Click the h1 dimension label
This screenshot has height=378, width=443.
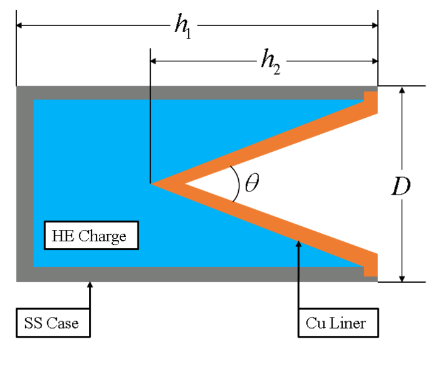pyautogui.click(x=183, y=27)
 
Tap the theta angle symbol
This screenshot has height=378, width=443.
pyautogui.click(x=251, y=184)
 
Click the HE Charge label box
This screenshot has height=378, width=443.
pyautogui.click(x=90, y=236)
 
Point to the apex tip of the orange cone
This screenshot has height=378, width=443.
pyautogui.click(x=153, y=183)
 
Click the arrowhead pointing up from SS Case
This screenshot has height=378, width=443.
pyautogui.click(x=90, y=286)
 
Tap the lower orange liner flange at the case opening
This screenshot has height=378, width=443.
pyautogui.click(x=371, y=265)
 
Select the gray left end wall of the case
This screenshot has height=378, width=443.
pyautogui.click(x=25, y=183)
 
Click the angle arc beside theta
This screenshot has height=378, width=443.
pyautogui.click(x=236, y=183)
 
